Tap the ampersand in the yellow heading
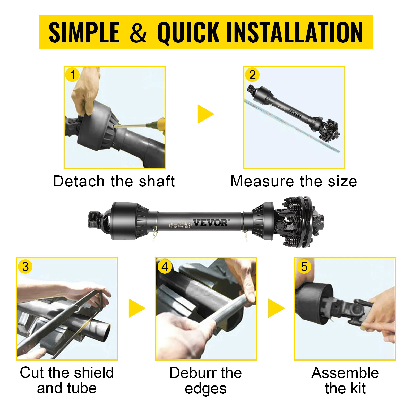coord(138,33)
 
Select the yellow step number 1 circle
coord(73,75)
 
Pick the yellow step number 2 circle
coord(252,75)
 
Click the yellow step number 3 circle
coord(25,267)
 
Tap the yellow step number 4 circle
coord(165,267)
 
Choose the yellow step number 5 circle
coord(304,267)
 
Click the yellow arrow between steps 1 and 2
coord(205,114)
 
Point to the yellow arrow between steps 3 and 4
coord(136,308)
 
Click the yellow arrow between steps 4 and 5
coord(276,308)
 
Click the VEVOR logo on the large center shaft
coord(210,223)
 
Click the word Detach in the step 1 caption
coord(78,181)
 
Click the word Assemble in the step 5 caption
coord(345,373)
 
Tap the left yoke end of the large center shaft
coord(97,220)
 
